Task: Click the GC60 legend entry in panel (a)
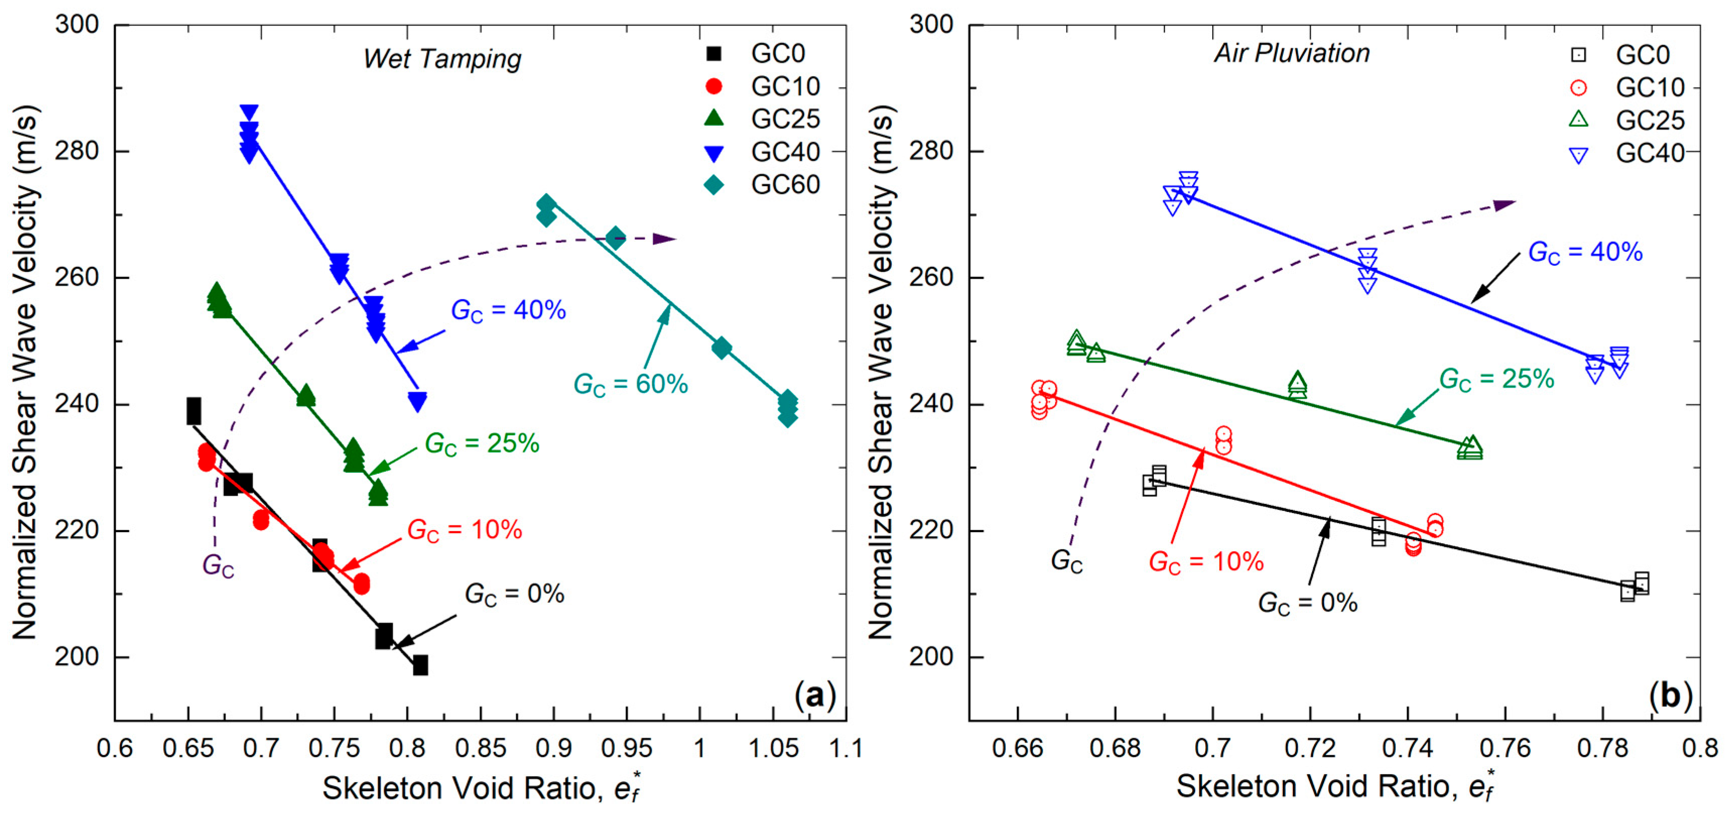[x=764, y=184]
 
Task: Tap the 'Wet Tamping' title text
[x=442, y=59]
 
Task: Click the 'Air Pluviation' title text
[x=1292, y=53]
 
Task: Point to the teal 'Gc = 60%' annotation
[x=631, y=385]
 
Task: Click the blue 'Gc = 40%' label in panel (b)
[x=1585, y=253]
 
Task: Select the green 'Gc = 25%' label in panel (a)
[x=482, y=444]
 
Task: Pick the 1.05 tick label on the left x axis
[x=773, y=748]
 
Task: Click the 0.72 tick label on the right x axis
[x=1310, y=748]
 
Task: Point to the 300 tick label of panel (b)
[x=931, y=24]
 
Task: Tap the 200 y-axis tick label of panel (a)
[x=77, y=657]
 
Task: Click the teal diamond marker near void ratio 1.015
[x=721, y=348]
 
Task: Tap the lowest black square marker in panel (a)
[x=420, y=665]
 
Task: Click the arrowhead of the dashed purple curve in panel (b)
[x=1505, y=205]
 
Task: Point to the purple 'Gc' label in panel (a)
[x=219, y=566]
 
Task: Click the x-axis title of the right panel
[x=1335, y=787]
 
